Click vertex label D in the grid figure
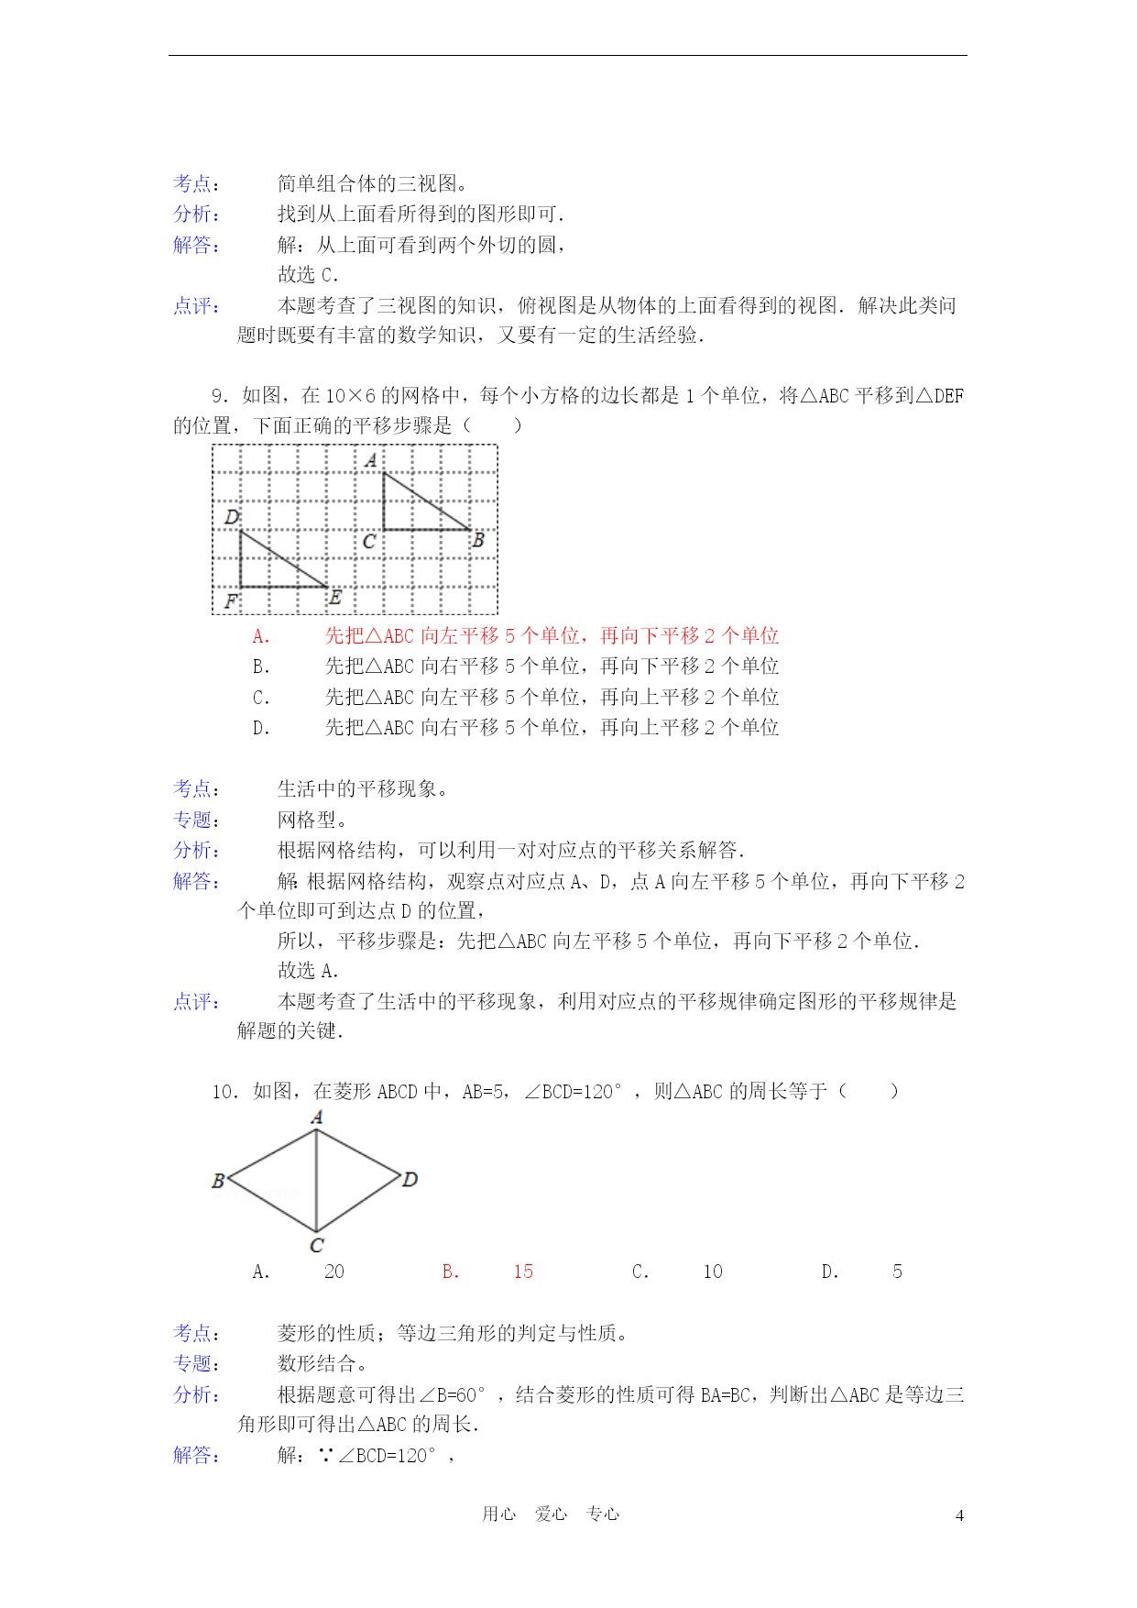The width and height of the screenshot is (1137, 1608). [232, 517]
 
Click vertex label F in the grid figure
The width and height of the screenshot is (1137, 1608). [231, 601]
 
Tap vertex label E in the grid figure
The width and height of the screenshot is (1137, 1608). [334, 598]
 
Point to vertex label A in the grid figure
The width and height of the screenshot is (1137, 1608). [370, 460]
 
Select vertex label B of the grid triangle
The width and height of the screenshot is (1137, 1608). [477, 541]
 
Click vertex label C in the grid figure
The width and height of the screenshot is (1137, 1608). [368, 541]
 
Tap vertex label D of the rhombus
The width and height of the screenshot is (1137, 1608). [410, 1179]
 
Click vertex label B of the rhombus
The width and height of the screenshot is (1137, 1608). [218, 1181]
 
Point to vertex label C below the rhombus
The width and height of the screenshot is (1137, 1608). [316, 1245]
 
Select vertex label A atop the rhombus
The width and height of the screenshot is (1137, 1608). [317, 1117]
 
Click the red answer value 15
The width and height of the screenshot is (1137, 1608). [523, 1272]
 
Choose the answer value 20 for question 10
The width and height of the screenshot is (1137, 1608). [334, 1272]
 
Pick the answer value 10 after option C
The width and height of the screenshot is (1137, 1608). [713, 1272]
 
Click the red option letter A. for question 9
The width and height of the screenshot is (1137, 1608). [261, 636]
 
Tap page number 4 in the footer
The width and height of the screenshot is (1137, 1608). [959, 1515]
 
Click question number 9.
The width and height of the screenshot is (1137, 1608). [219, 396]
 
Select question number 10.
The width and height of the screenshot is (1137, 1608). [224, 1092]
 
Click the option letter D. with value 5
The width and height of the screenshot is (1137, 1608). [830, 1272]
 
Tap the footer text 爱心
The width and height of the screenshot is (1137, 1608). [551, 1514]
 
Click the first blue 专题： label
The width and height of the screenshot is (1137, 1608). [196, 820]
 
